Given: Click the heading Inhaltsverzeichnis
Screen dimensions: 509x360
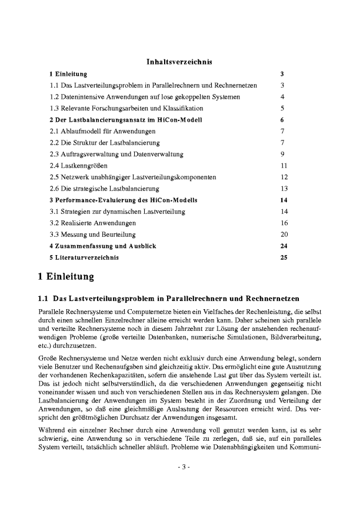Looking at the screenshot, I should (179, 61).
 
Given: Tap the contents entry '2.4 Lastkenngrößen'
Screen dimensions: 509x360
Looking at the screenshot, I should (74, 165).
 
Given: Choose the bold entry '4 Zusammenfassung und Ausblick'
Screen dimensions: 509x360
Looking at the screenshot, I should (102, 246).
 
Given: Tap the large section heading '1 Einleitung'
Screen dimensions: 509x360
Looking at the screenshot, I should (65, 276).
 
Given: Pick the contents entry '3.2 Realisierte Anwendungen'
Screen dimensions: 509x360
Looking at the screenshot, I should (93, 223).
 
